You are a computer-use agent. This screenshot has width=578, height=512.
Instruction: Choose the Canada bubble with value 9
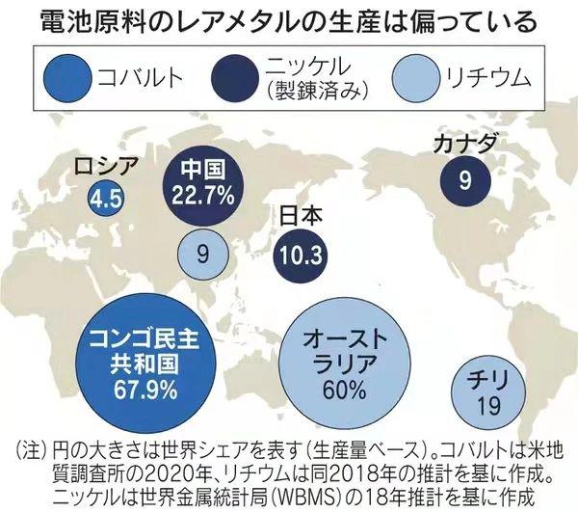pos(464,178)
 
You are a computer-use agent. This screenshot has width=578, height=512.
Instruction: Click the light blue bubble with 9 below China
pos(202,255)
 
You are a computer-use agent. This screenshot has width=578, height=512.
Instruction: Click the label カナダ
pos(467,145)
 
